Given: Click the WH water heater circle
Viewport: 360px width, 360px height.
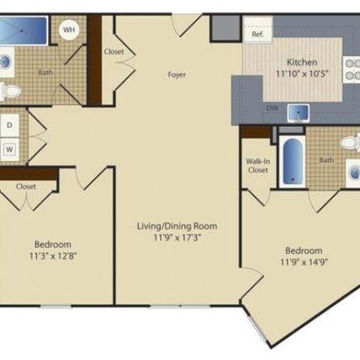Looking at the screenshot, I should pyautogui.click(x=69, y=30).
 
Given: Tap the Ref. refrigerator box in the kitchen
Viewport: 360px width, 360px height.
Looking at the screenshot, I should pyautogui.click(x=257, y=34).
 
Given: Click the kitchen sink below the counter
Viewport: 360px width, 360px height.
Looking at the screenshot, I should pyautogui.click(x=298, y=112).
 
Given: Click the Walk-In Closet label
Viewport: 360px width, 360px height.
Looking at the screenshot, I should pyautogui.click(x=257, y=166).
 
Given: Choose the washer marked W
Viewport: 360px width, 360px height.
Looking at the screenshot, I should pyautogui.click(x=10, y=149).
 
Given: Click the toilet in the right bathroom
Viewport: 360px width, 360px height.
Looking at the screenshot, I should pyautogui.click(x=351, y=143).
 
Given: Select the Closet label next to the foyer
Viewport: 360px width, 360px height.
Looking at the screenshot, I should pyautogui.click(x=114, y=52).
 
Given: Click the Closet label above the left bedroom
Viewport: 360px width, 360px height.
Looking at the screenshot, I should pyautogui.click(x=26, y=186).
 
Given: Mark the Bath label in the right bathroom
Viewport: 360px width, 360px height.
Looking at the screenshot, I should pyautogui.click(x=326, y=161).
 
